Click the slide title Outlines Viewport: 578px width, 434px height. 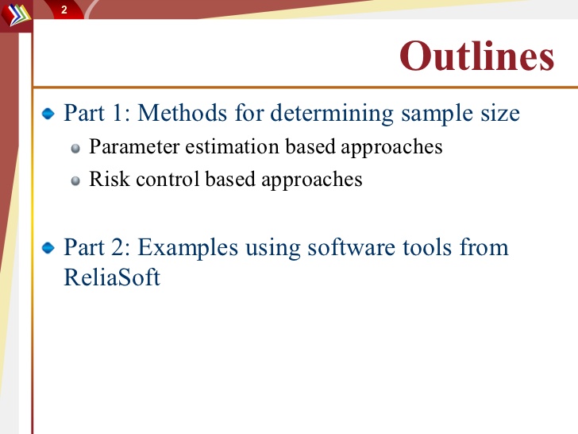(476, 56)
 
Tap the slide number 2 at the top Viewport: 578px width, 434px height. (64, 10)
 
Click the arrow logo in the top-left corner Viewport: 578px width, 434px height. (16, 15)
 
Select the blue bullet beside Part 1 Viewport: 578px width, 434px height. (48, 114)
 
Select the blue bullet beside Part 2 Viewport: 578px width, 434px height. (48, 248)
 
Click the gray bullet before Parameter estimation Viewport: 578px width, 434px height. (75, 149)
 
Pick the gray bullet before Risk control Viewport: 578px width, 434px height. (75, 181)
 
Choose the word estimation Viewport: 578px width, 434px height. (232, 146)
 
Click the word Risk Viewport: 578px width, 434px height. (110, 179)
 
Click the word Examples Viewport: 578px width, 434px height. (188, 249)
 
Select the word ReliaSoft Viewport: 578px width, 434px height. (112, 277)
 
